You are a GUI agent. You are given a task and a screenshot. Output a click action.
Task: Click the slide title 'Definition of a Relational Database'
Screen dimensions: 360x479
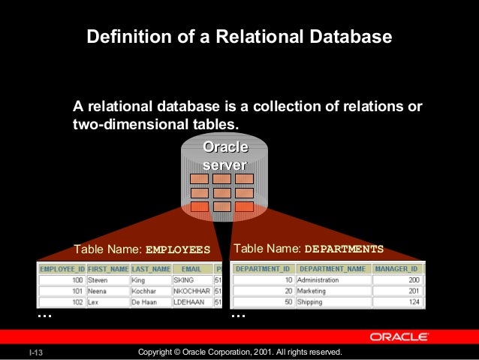239,36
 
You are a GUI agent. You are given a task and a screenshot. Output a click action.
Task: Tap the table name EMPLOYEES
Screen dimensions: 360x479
178,250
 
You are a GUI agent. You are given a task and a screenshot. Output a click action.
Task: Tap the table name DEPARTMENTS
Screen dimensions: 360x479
345,249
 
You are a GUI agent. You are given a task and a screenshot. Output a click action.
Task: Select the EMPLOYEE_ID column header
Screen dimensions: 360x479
61,268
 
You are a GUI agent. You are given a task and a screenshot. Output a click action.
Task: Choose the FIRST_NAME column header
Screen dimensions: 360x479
107,268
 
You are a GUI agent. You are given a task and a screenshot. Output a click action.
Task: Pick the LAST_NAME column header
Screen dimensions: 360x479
151,268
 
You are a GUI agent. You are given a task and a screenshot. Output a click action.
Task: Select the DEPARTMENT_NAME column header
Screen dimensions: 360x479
333,268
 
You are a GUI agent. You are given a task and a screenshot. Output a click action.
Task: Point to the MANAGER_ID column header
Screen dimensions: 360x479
396,268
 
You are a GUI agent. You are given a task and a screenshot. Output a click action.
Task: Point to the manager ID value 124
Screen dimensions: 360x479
414,302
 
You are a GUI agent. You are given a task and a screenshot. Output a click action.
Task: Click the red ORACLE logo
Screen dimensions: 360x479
399,337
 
